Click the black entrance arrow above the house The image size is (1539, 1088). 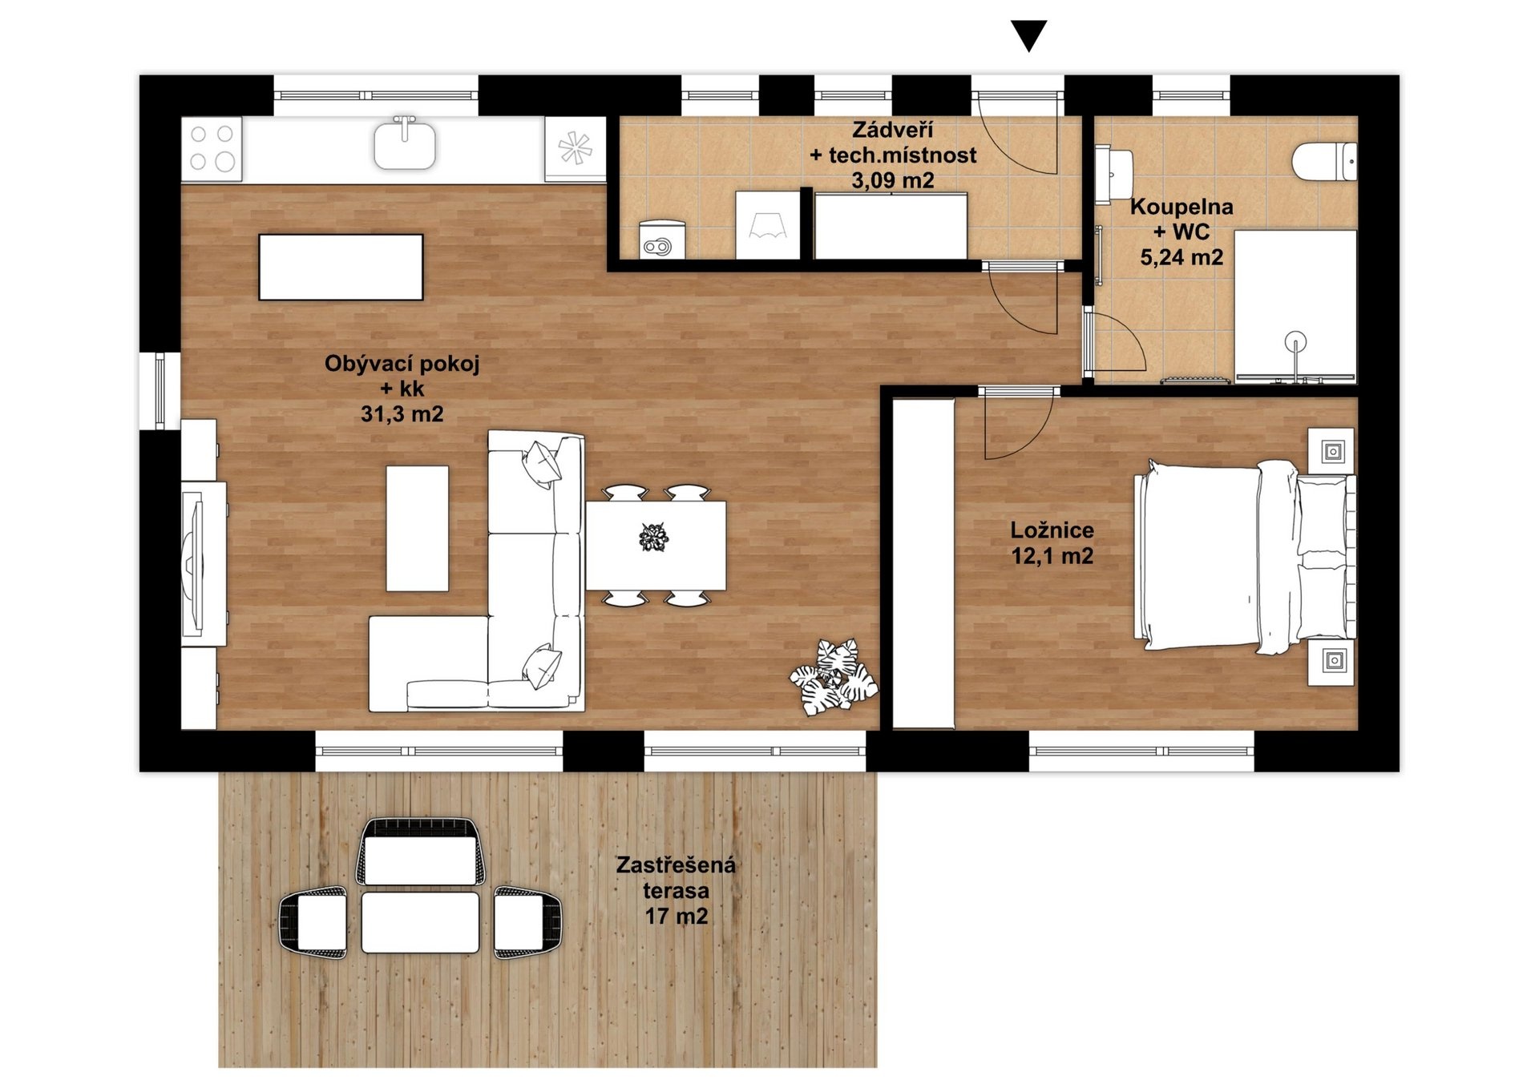(x=1028, y=35)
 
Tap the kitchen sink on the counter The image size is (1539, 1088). (x=405, y=143)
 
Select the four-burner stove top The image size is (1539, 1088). (x=212, y=149)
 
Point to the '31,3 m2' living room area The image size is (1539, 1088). (x=402, y=413)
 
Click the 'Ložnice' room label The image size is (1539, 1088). (x=1052, y=530)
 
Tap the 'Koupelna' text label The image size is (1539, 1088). (x=1182, y=207)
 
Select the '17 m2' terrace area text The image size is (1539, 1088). (x=677, y=916)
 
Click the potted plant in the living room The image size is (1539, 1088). (x=834, y=677)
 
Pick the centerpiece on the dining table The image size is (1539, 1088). (x=654, y=537)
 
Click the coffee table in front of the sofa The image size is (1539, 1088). (x=417, y=529)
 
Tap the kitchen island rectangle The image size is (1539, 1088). (x=341, y=267)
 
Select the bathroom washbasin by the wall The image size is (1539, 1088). (x=1114, y=171)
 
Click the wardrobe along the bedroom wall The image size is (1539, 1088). (x=923, y=563)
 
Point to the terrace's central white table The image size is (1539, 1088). (x=420, y=922)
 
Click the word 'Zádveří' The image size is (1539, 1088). (x=892, y=130)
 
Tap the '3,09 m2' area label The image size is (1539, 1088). (x=892, y=180)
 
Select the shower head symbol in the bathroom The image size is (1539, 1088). (x=1295, y=342)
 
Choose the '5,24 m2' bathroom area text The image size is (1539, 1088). (x=1182, y=257)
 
